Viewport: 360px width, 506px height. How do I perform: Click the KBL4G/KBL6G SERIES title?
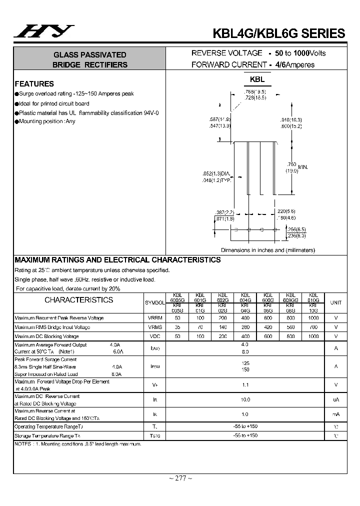pyautogui.click(x=279, y=33)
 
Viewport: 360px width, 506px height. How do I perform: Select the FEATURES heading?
pyautogui.click(x=34, y=84)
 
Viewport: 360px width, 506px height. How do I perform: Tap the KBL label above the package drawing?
pyautogui.click(x=257, y=79)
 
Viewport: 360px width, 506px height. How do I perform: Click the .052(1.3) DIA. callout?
pyautogui.click(x=216, y=174)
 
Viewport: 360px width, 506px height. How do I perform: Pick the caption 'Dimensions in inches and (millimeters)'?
pyautogui.click(x=268, y=250)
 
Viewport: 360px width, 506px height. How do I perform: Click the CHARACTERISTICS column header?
pyautogui.click(x=79, y=300)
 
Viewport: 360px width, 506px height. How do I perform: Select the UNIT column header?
pyautogui.click(x=336, y=302)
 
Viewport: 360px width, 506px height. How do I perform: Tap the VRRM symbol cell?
pyautogui.click(x=155, y=318)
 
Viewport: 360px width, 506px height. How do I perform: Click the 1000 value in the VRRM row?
pyautogui.click(x=313, y=318)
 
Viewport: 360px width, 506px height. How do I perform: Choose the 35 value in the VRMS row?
pyautogui.click(x=177, y=327)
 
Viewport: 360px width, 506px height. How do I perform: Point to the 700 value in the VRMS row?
pyautogui.click(x=313, y=327)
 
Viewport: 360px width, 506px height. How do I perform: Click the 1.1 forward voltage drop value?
pyautogui.click(x=245, y=385)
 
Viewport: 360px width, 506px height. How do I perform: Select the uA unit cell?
pyautogui.click(x=336, y=399)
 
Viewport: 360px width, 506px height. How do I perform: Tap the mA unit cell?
pyautogui.click(x=336, y=414)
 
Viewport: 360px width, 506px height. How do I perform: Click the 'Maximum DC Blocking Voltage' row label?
pyautogui.click(x=46, y=336)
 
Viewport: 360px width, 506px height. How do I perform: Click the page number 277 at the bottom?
pyautogui.click(x=180, y=478)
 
